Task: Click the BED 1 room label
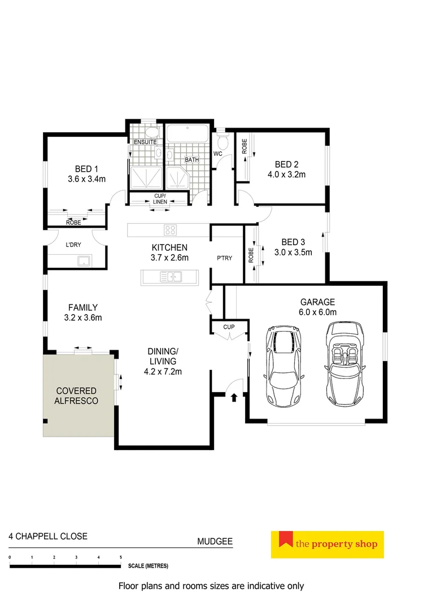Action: [x=86, y=168]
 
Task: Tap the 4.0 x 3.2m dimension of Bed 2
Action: [x=286, y=175]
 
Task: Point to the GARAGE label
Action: [x=317, y=302]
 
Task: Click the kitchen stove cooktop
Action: [x=171, y=230]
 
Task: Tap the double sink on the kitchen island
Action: [x=170, y=276]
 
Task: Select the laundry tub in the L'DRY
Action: [x=84, y=260]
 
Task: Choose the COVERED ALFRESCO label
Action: [x=76, y=396]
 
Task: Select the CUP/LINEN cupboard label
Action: [x=160, y=199]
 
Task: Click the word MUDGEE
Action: [x=215, y=541]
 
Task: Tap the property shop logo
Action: [x=327, y=544]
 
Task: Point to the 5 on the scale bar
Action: [x=120, y=557]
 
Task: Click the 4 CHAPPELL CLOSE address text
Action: [x=48, y=536]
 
